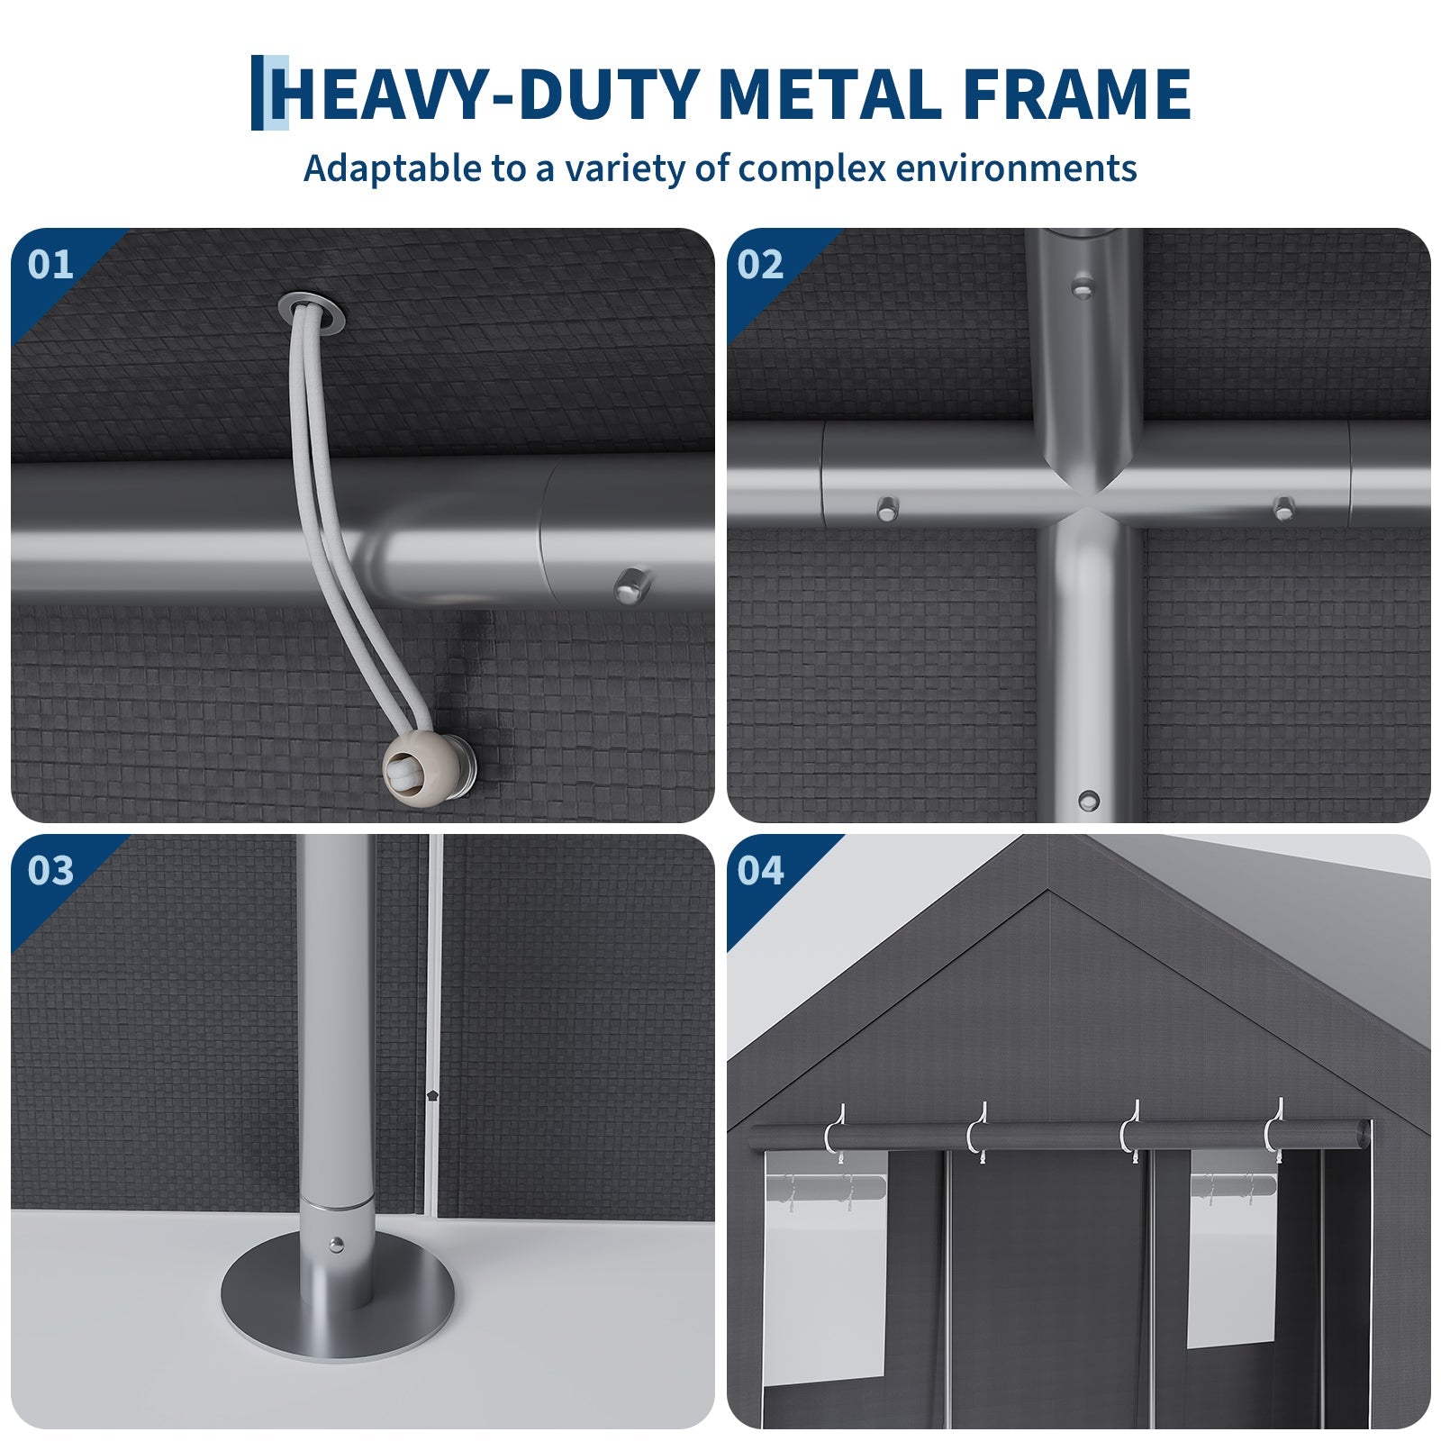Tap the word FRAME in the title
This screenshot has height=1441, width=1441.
point(1078,94)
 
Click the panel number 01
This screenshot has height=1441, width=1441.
point(50,265)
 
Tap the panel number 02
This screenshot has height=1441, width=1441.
point(761,265)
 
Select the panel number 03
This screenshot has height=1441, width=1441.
point(50,871)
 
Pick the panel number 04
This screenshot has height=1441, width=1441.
point(761,871)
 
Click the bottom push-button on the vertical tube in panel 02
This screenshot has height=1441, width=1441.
point(1089,800)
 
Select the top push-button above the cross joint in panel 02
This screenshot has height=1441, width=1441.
point(1081,288)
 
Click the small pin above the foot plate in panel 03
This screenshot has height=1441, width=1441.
point(336,1245)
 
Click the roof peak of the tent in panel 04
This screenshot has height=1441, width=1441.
point(1047,892)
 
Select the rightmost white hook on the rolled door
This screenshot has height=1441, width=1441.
point(1273,1129)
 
